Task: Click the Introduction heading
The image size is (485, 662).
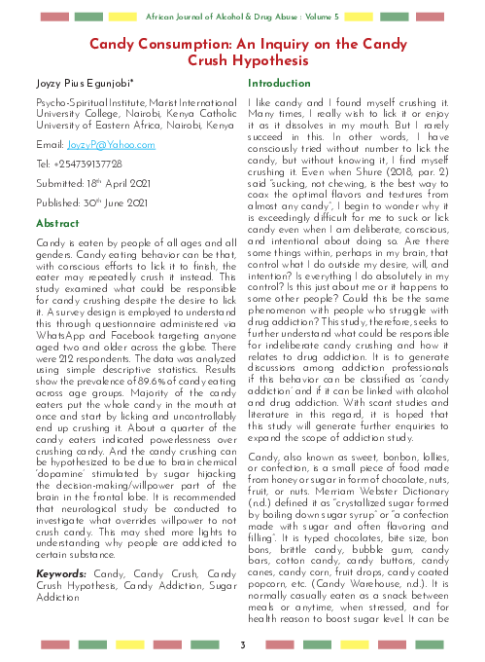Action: pyautogui.click(x=279, y=85)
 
